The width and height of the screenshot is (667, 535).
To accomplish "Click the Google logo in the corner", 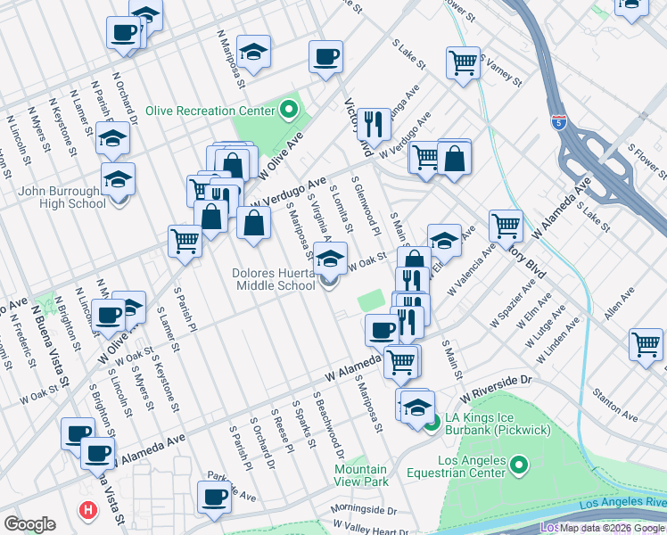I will click(29, 524).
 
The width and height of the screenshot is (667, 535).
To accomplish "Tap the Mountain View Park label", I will click(361, 474).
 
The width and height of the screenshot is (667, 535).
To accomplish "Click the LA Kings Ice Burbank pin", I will click(432, 424).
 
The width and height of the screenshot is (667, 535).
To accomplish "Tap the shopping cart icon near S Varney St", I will click(463, 62).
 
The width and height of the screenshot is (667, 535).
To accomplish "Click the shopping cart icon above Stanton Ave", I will click(646, 343).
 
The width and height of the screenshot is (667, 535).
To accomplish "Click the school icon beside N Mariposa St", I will click(254, 53).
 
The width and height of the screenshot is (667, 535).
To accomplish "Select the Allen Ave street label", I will click(619, 303).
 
